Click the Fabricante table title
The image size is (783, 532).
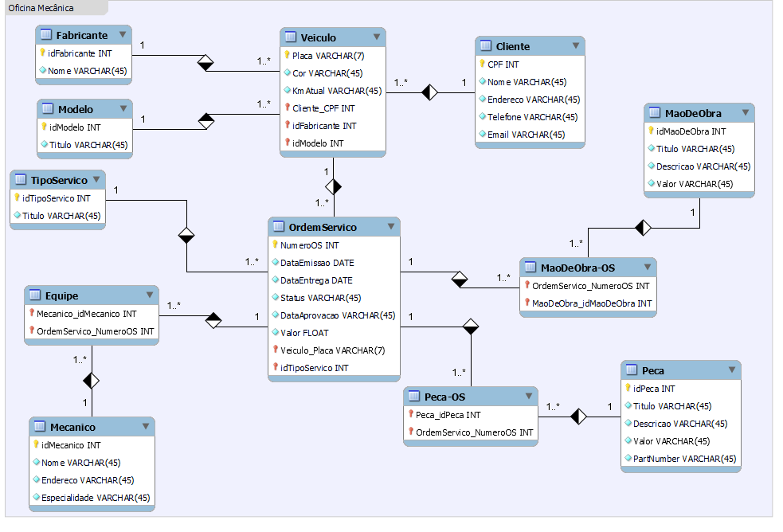point(82,35)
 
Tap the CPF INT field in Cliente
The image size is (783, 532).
point(503,65)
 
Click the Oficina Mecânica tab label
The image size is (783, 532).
point(41,8)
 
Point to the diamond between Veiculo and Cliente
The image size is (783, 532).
point(430,92)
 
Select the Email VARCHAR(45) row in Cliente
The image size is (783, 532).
point(526,135)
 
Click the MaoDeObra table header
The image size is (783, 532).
point(693,113)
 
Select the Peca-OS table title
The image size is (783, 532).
point(444,397)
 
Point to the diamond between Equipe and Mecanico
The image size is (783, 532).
point(92,381)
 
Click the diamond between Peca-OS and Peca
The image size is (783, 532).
point(578,416)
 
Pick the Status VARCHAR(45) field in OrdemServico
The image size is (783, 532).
point(320,298)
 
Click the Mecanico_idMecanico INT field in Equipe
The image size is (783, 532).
point(86,314)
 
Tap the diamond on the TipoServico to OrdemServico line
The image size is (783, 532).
point(186,235)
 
